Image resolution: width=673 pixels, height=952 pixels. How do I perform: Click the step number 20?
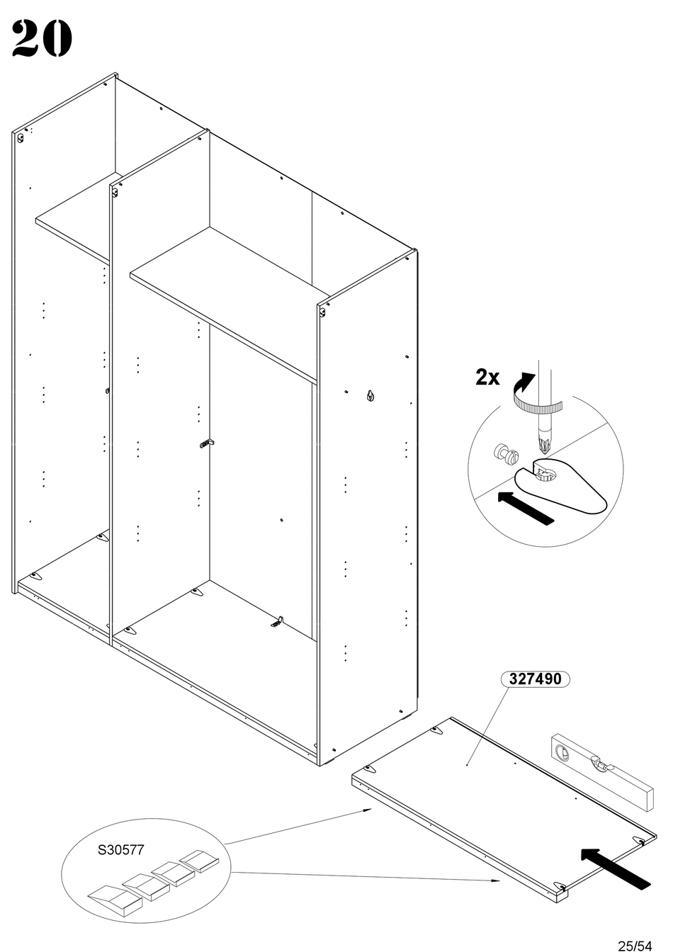(x=43, y=39)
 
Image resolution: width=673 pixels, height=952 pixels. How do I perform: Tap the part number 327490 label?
(x=535, y=679)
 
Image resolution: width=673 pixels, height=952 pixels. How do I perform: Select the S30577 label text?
(x=120, y=849)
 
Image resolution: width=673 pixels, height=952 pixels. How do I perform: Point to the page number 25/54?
(x=634, y=945)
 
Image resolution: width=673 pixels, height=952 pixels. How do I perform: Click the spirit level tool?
(x=600, y=769)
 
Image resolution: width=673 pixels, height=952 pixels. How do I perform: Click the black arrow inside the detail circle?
(x=525, y=507)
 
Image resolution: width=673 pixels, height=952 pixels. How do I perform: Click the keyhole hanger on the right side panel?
(x=371, y=395)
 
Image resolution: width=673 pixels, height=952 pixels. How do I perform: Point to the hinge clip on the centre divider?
(x=206, y=444)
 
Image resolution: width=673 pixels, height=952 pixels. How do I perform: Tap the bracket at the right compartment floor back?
(x=278, y=622)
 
